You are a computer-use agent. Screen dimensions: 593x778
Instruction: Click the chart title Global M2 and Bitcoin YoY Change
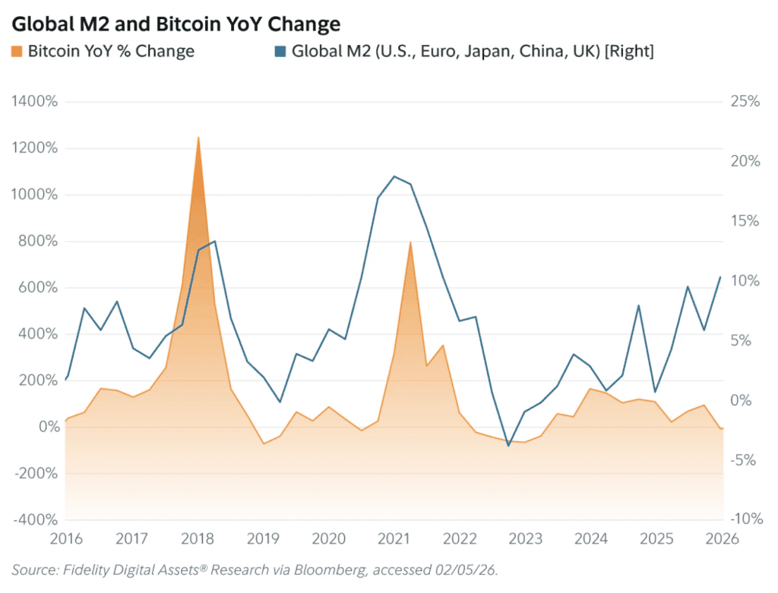click(x=175, y=24)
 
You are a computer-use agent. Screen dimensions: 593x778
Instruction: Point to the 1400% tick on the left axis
click(x=34, y=102)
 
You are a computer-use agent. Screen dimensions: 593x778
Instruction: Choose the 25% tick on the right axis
click(x=743, y=102)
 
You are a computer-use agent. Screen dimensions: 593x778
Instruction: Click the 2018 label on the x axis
click(x=197, y=539)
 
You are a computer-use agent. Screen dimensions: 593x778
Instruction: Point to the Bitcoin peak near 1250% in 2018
click(x=198, y=138)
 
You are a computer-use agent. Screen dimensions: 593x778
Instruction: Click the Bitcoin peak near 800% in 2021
click(x=410, y=243)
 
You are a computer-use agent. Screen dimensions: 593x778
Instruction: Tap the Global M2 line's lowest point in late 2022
click(x=508, y=446)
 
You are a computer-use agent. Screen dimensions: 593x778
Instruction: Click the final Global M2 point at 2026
click(x=720, y=277)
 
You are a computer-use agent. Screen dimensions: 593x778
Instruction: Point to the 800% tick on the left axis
click(x=38, y=242)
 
